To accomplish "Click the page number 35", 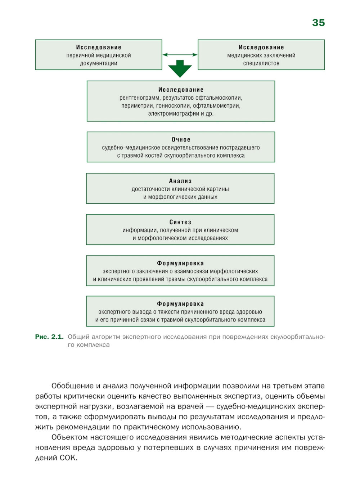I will click(318, 23).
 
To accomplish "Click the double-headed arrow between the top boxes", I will click(180, 55).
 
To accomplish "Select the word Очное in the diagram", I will click(181, 140).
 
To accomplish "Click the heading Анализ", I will click(180, 181).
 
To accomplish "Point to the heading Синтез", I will click(180, 222).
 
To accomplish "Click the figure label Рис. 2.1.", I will click(49, 337).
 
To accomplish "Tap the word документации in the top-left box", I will click(99, 63).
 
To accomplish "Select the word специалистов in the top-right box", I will click(261, 63).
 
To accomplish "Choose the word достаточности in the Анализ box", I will click(150, 189).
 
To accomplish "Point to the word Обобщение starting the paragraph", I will click(73, 386).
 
